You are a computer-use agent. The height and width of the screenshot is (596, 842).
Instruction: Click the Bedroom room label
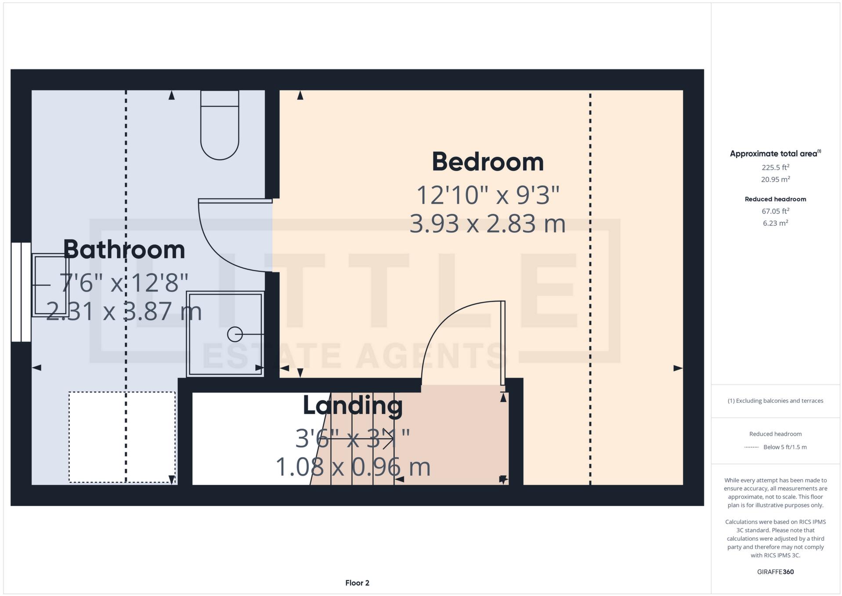pyautogui.click(x=487, y=162)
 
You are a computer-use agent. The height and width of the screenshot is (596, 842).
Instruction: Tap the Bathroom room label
pyautogui.click(x=124, y=249)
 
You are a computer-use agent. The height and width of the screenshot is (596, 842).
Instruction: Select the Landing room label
pyautogui.click(x=353, y=405)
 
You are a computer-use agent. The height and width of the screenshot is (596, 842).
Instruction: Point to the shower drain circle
pyautogui.click(x=235, y=334)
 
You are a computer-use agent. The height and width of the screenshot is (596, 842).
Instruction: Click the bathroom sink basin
pyautogui.click(x=50, y=285)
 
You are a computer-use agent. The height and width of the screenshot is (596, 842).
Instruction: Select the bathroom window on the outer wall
pyautogui.click(x=21, y=292)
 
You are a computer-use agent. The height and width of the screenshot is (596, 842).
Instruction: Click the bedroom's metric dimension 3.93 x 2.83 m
pyautogui.click(x=487, y=224)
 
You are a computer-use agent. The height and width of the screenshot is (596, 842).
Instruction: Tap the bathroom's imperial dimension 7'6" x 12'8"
pyautogui.click(x=124, y=282)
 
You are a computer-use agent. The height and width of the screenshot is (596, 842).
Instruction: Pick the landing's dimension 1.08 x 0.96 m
pyautogui.click(x=353, y=467)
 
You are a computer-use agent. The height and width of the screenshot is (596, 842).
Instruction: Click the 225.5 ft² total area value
pyautogui.click(x=775, y=167)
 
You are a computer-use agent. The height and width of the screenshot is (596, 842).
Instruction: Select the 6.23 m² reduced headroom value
pyautogui.click(x=775, y=223)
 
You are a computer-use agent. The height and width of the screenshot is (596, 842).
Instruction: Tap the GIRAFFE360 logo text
pyautogui.click(x=775, y=572)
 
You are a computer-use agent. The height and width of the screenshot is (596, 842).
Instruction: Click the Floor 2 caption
pyautogui.click(x=357, y=583)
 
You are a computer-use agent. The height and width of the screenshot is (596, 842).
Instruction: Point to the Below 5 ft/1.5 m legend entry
pyautogui.click(x=784, y=447)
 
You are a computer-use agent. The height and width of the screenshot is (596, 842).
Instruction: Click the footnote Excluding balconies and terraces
pyautogui.click(x=775, y=401)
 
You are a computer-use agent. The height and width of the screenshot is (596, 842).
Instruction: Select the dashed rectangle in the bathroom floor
pyautogui.click(x=122, y=437)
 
